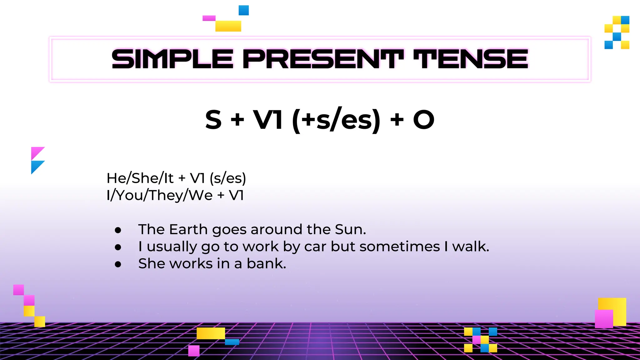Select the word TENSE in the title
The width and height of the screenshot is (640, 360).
[x=470, y=59]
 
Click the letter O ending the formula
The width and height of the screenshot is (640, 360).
[x=423, y=120]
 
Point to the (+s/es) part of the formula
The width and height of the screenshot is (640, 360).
[x=336, y=120]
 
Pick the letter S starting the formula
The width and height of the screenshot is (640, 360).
[x=213, y=120]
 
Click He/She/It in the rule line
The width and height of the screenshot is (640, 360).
[x=140, y=178]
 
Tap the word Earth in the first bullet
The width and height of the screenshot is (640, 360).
[x=188, y=229]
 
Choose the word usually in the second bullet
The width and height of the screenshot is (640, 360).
[x=172, y=247]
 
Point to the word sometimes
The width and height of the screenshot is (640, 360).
[x=400, y=247]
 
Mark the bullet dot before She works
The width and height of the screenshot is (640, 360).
[x=118, y=264]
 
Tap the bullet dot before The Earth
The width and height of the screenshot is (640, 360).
[x=118, y=230]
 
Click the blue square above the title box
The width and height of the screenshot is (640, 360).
[x=244, y=10]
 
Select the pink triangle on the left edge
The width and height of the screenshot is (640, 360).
[x=36, y=152]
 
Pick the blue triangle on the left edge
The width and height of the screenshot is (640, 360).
[x=36, y=166]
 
